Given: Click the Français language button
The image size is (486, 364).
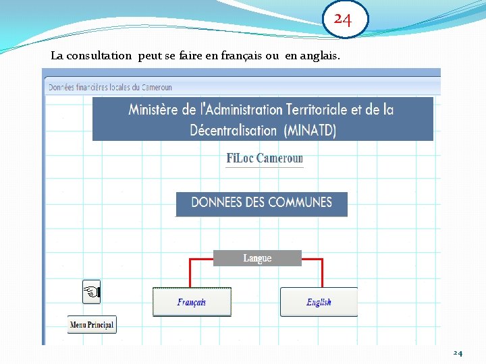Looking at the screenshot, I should (x=192, y=302).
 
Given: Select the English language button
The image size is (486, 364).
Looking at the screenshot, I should (x=319, y=302).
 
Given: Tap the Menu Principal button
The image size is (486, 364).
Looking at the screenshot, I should (x=92, y=325).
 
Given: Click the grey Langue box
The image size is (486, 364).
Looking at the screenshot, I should (x=257, y=258).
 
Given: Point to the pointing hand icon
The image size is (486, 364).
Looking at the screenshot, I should (x=91, y=292).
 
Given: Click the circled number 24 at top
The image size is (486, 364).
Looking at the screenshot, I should (x=343, y=20).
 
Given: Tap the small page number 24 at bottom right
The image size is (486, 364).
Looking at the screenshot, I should (x=458, y=353).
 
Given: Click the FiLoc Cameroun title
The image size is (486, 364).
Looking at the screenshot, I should (x=265, y=159).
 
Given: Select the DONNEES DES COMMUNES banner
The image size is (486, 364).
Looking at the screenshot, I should (x=261, y=203).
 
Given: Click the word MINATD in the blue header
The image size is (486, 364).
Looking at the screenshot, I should (x=308, y=130).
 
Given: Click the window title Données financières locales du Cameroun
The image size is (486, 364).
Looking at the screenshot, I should (x=110, y=87).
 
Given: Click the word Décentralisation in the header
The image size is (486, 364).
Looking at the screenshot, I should (x=233, y=130).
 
